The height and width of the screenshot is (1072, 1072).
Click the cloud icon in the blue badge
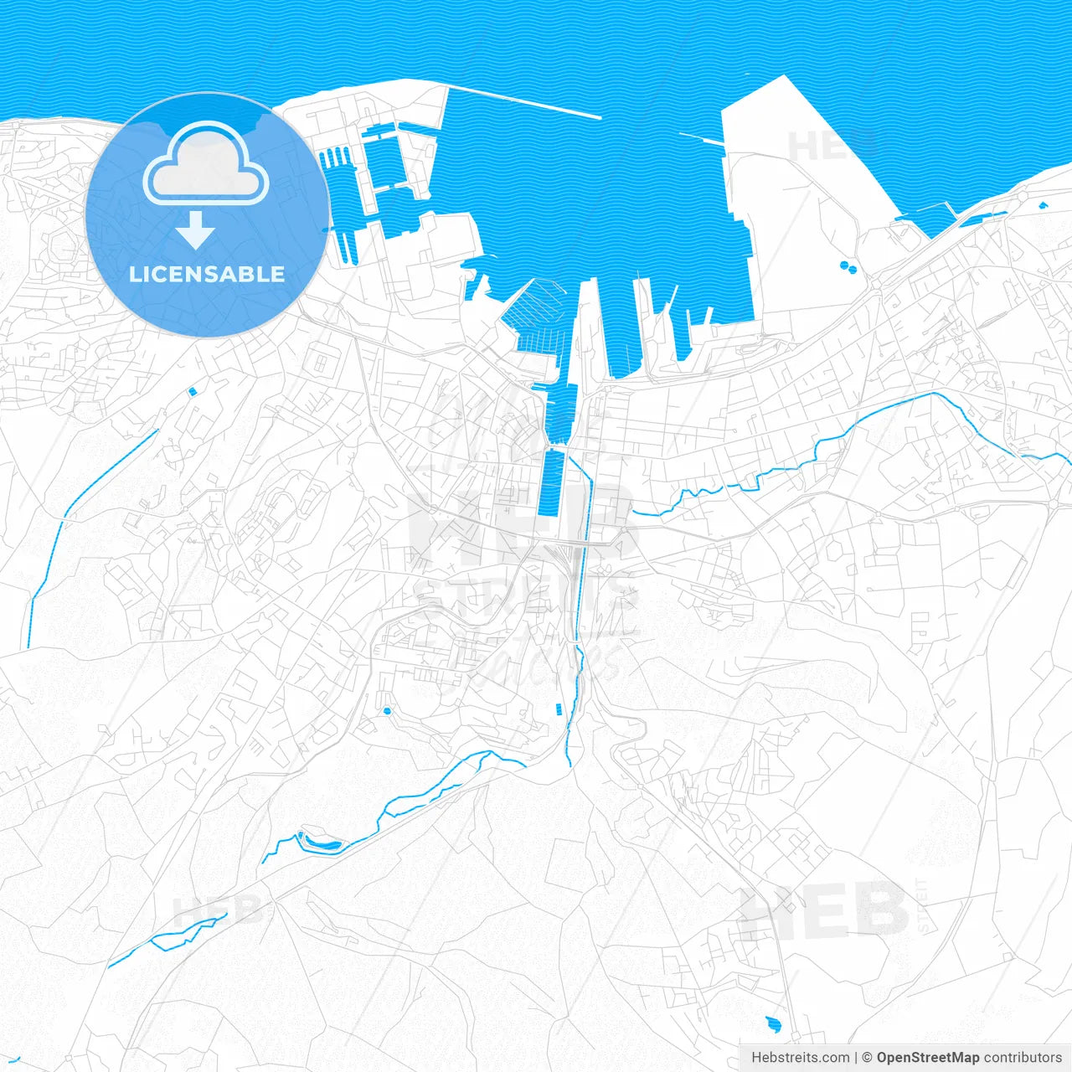click(206, 164)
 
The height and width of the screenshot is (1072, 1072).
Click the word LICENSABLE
click(207, 275)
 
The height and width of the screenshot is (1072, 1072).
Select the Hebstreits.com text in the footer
click(800, 1057)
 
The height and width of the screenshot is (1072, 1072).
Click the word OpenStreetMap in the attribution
click(927, 1057)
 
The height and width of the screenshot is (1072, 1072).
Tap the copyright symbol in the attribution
click(867, 1057)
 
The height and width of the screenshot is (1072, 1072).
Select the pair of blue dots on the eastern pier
click(848, 268)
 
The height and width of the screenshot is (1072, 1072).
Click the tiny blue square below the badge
click(193, 390)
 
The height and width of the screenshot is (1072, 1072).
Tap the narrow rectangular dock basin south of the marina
click(553, 483)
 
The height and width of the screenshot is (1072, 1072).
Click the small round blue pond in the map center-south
click(387, 711)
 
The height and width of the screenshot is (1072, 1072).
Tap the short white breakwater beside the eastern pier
click(702, 138)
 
